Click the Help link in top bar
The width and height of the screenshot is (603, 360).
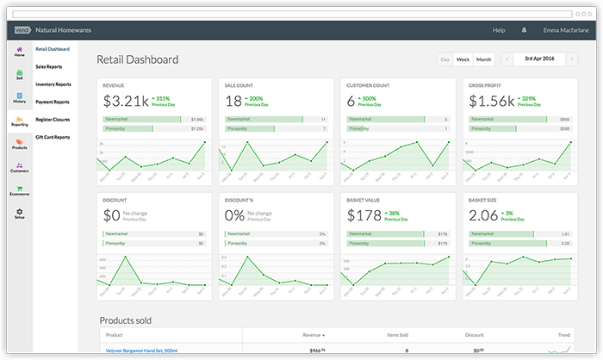pyautogui.click(x=498, y=30)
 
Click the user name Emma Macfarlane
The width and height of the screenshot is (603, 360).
pyautogui.click(x=564, y=30)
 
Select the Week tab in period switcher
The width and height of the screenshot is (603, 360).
pyautogui.click(x=463, y=59)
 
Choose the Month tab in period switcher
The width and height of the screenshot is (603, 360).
pyautogui.click(x=484, y=59)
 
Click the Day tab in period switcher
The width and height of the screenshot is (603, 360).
pyautogui.click(x=444, y=59)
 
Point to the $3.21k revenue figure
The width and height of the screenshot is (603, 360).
pyautogui.click(x=125, y=101)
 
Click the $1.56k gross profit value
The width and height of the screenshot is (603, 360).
pyautogui.click(x=490, y=101)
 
